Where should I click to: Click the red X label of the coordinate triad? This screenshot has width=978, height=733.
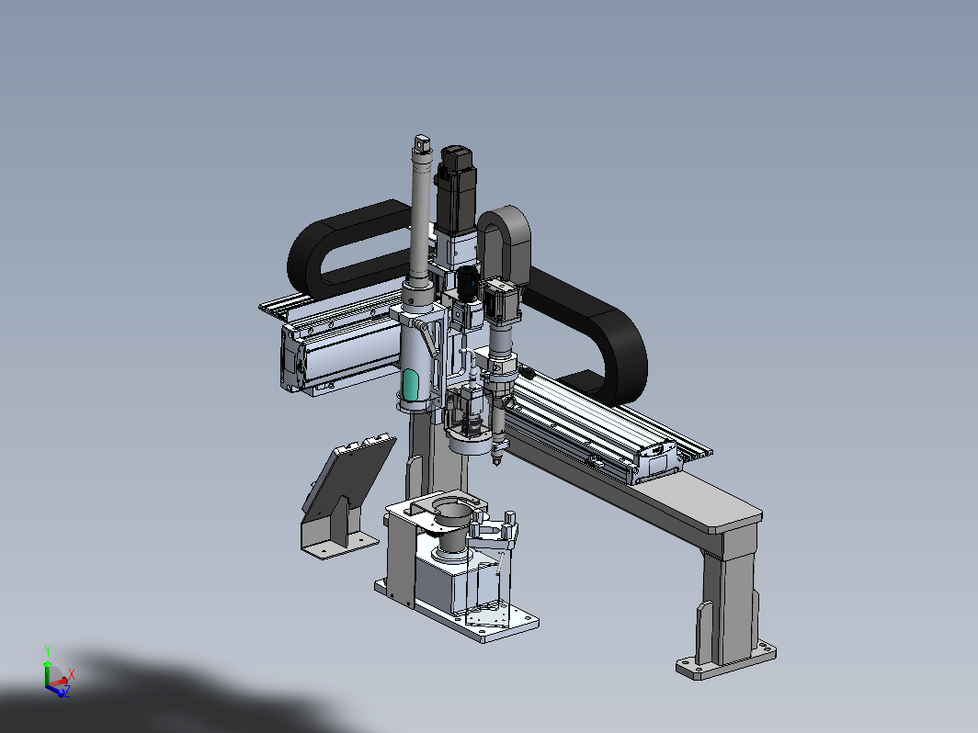coord(72,674)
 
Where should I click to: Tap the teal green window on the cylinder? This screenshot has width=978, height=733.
coord(410,385)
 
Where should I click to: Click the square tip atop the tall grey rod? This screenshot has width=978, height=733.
coord(422,142)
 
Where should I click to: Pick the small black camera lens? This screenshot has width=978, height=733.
coord(468,283)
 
